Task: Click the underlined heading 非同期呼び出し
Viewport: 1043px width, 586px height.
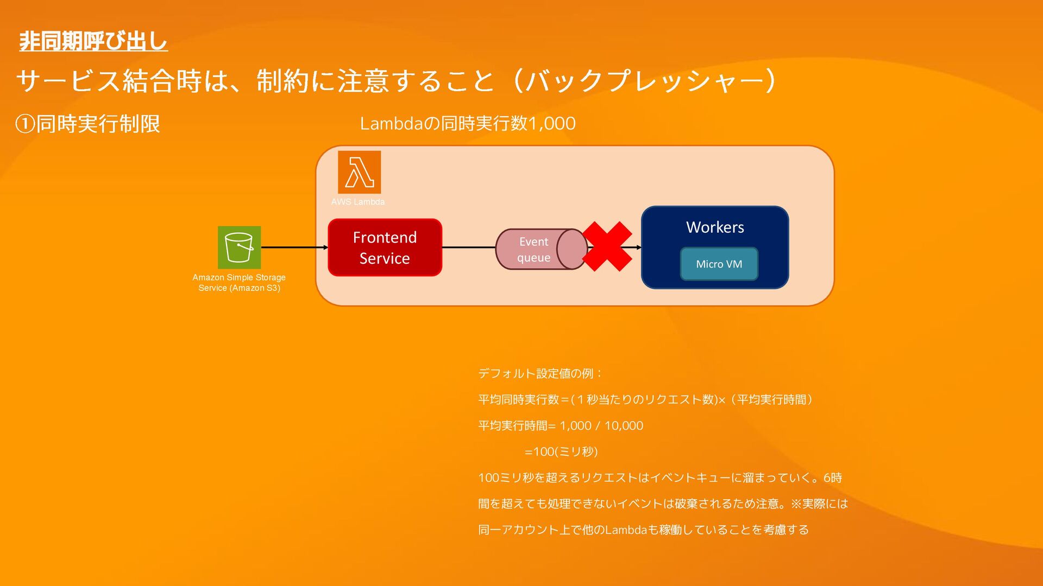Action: coord(93,41)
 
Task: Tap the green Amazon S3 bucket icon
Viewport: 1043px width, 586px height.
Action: coord(239,247)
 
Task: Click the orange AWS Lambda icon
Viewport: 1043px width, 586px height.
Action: coord(359,172)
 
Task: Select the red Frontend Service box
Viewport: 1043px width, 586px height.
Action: coord(385,247)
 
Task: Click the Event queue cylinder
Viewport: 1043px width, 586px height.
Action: coord(541,249)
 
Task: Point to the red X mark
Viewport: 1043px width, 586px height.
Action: coord(607,247)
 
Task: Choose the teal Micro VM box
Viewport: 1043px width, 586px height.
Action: coord(719,264)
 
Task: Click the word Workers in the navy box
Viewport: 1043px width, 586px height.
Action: coord(715,227)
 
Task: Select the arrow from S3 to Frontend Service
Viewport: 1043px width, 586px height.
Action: coord(294,247)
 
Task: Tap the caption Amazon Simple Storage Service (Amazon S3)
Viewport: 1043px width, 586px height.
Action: coord(239,283)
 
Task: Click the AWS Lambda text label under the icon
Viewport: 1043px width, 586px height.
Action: coord(358,202)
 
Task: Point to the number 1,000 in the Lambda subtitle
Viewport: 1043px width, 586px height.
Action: coord(552,124)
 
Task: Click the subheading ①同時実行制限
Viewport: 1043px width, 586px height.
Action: coord(88,124)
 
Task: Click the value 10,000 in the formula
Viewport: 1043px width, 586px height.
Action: coord(624,426)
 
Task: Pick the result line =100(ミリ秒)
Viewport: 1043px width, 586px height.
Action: coord(561,452)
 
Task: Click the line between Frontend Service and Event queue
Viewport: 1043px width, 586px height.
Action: coord(468,247)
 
